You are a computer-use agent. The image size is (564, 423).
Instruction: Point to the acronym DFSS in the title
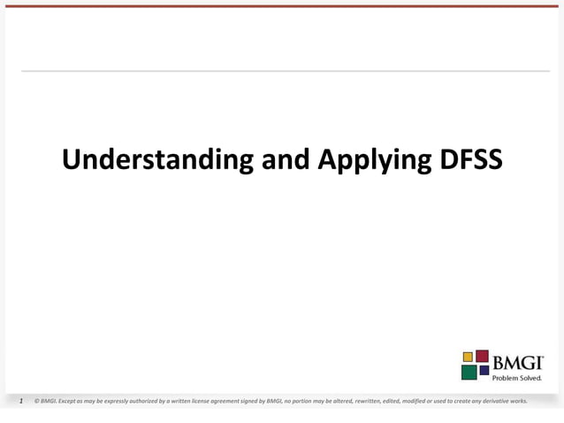468,160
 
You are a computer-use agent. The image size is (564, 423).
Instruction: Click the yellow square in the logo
468,357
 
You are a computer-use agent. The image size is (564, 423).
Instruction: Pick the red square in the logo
482,356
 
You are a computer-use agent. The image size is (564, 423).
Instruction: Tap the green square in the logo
469,372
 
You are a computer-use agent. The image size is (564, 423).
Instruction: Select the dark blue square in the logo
484,370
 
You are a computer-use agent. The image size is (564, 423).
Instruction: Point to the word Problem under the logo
507,377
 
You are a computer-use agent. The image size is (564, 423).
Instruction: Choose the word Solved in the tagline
531,377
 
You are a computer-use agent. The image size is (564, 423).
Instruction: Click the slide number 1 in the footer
22,401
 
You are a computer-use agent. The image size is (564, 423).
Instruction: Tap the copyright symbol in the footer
35,401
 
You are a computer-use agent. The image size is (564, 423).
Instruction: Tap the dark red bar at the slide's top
282,5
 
